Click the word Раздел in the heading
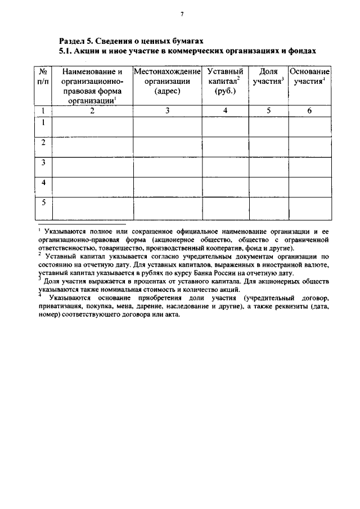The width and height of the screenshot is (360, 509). [x=74, y=41]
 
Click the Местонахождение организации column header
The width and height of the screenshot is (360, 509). [x=168, y=82]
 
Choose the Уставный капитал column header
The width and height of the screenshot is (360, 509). [x=225, y=82]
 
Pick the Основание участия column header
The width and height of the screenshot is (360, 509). [x=309, y=77]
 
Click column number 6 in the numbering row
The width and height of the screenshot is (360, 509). [x=309, y=111]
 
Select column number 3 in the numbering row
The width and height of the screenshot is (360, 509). [x=168, y=111]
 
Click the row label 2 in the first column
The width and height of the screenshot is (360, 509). [x=43, y=143]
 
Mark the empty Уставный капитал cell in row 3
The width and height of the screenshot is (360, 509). [x=225, y=166]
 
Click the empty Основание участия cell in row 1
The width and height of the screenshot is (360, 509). [x=309, y=126]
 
